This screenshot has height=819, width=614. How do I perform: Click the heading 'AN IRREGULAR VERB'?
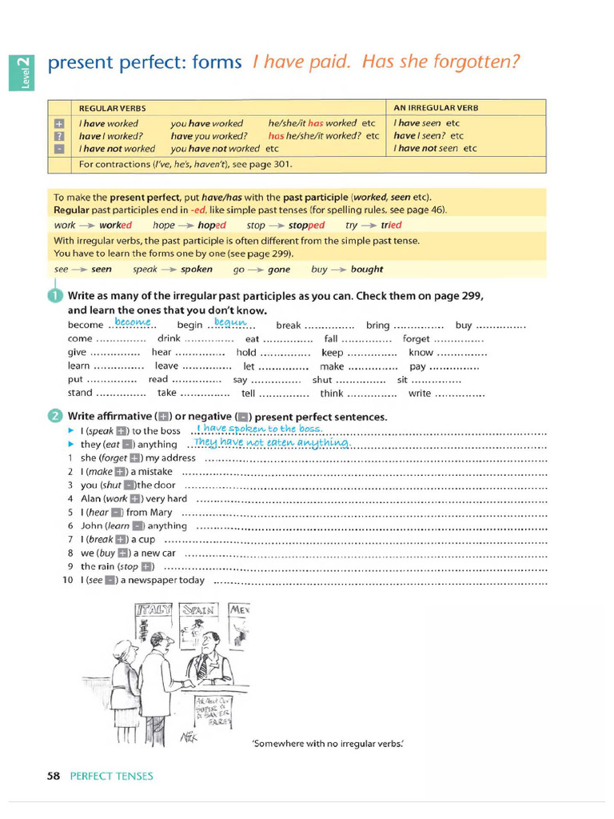click(x=436, y=108)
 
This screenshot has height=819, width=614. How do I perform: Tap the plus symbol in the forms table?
click(x=58, y=124)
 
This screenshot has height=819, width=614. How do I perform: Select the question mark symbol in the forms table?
click(x=58, y=136)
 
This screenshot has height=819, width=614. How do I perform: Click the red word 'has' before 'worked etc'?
click(x=316, y=124)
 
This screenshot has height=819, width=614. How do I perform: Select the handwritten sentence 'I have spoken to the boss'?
click(x=258, y=429)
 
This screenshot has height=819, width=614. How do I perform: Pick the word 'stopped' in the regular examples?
click(x=306, y=226)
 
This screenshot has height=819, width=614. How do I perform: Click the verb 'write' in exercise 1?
click(x=420, y=394)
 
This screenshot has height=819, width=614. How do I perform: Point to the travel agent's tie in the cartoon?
click(x=203, y=665)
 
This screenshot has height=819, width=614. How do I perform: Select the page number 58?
click(x=54, y=776)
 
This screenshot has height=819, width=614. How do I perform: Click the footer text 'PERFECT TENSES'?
click(x=111, y=776)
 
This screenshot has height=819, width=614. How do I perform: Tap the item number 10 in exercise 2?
click(x=68, y=581)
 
